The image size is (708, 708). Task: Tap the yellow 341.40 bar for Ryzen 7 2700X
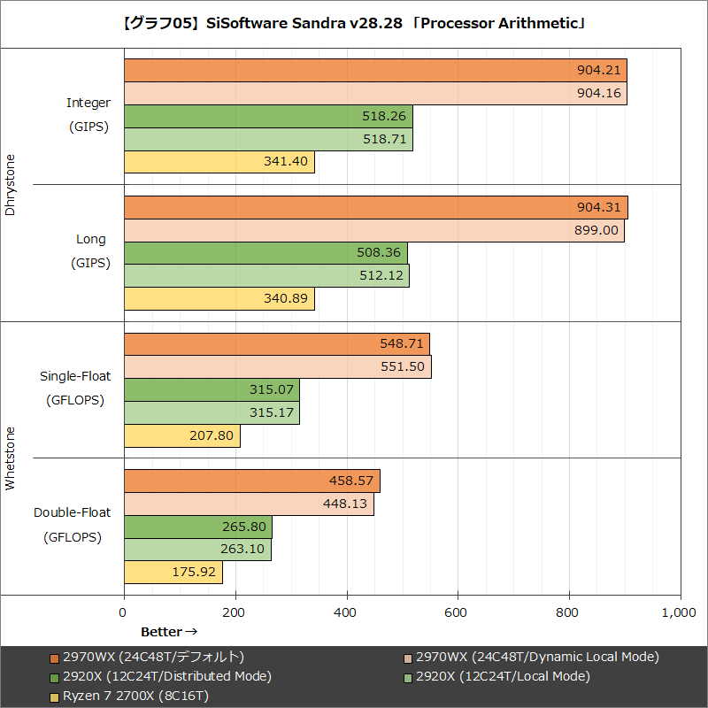[x=219, y=162]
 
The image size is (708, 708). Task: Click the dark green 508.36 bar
[x=265, y=253]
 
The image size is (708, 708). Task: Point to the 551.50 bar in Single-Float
[x=277, y=366]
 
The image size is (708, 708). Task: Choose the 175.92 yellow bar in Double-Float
[x=173, y=573]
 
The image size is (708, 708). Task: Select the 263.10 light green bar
[x=197, y=550]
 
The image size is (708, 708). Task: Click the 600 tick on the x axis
[x=458, y=612]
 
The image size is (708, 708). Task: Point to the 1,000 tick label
[x=678, y=612]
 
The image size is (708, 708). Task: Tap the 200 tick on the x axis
[x=235, y=612]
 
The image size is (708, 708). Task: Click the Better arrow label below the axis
[x=168, y=632]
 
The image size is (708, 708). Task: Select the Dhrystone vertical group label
[x=11, y=185]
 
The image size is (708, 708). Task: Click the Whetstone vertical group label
[x=11, y=458]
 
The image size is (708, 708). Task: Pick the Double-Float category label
[x=72, y=512]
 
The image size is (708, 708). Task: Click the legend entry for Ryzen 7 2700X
[x=128, y=696]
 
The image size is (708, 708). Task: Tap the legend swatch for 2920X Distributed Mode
[x=54, y=676]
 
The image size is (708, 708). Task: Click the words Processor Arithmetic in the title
[x=501, y=23]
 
